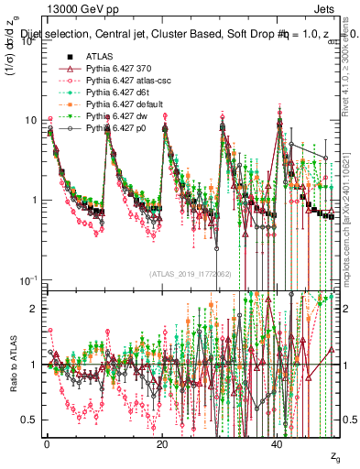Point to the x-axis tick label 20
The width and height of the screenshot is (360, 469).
tap(162, 443)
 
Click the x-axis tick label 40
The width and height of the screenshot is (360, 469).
tap(277, 443)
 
